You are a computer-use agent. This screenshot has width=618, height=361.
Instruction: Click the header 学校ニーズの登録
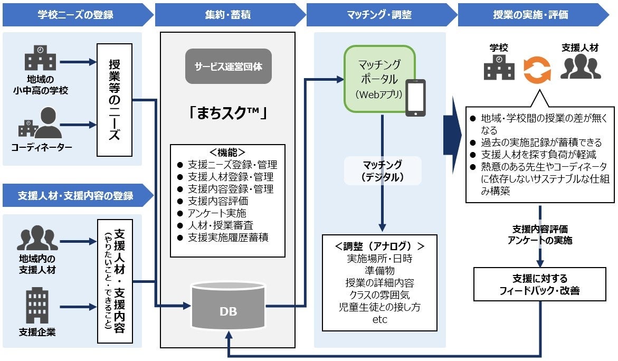75,14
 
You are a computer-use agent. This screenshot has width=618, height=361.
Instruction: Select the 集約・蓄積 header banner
227,14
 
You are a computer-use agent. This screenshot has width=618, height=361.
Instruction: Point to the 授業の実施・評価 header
530,14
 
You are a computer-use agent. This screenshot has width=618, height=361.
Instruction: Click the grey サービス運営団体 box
228,66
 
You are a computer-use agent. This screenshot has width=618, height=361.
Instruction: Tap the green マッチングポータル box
379,79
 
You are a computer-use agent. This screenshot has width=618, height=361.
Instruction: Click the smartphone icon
415,98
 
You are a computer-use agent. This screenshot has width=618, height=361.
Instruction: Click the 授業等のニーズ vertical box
114,100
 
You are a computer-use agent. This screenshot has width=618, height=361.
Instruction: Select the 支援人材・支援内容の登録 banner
75,195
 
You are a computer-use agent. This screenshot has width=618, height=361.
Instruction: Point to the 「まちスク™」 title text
227,113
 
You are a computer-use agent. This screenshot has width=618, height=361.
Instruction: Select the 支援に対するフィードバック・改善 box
540,284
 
